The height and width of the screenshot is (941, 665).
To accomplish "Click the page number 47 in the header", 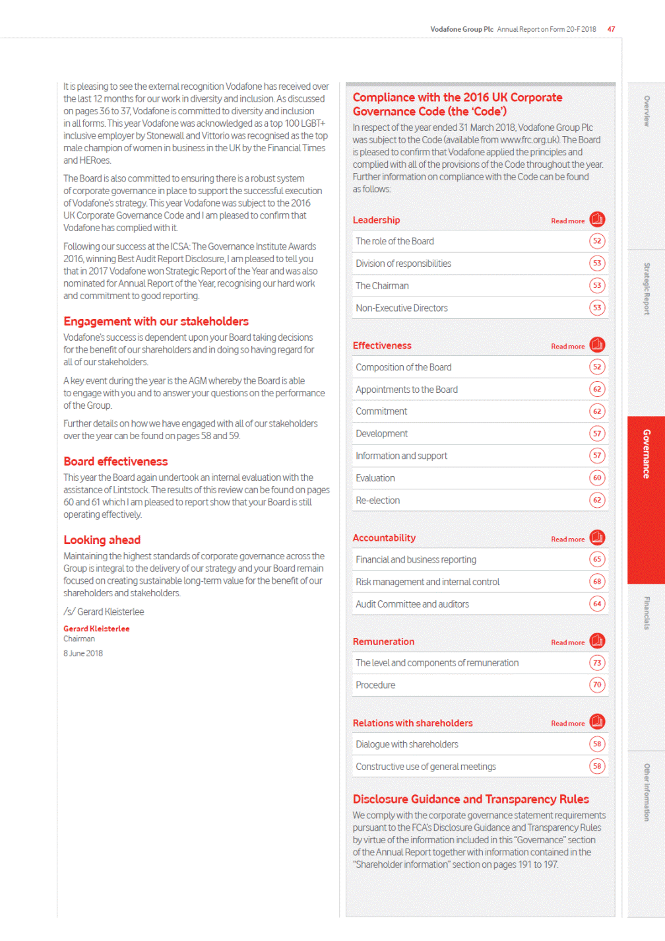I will [612, 29].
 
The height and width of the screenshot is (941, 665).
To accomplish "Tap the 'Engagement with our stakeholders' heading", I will [156, 322].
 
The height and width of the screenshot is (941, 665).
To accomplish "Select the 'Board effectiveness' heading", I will [115, 462].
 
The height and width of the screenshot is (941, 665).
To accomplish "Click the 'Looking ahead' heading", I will [102, 540].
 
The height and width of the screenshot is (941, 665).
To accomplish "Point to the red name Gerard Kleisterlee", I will [96, 629].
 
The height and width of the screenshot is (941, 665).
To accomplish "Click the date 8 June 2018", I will [83, 653].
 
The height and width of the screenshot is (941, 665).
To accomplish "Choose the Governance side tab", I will [646, 454].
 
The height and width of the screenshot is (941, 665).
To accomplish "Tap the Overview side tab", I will [647, 111].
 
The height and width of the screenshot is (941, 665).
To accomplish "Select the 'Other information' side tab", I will [647, 792].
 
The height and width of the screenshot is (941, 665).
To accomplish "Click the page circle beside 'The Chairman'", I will [597, 285].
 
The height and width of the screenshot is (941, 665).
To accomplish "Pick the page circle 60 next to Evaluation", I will [597, 477].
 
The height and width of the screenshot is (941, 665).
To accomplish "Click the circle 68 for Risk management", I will [597, 581].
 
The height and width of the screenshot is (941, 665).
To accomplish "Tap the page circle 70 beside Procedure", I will [597, 685].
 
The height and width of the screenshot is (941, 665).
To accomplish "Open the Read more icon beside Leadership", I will [597, 219].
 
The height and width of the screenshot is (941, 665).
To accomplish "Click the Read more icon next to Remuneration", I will [597, 641].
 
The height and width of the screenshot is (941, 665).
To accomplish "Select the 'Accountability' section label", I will [384, 538].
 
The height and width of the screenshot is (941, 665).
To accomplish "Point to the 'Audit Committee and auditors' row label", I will [412, 604].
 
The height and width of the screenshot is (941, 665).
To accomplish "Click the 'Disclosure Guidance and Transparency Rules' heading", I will [470, 799].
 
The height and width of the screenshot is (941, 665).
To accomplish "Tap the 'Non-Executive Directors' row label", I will [401, 308].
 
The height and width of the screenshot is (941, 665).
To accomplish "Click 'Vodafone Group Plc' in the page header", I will [461, 29].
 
